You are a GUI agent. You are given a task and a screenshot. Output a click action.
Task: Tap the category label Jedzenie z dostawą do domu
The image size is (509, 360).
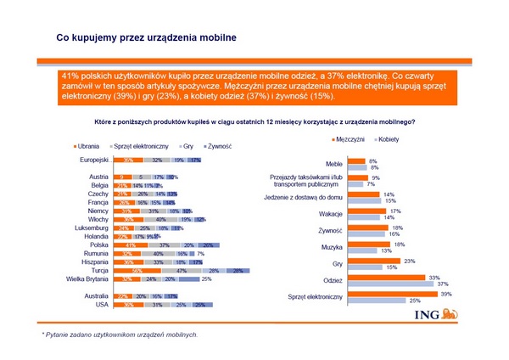click(x=304, y=197)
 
